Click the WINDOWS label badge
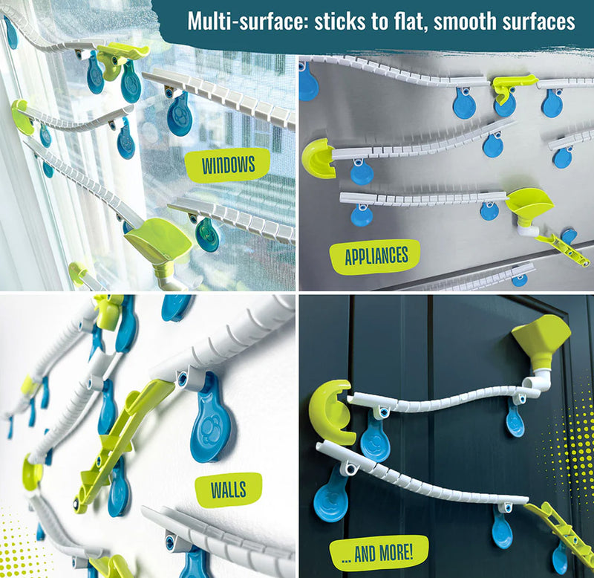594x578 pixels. (227, 165)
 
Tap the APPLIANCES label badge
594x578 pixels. (376, 256)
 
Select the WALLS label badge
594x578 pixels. (228, 490)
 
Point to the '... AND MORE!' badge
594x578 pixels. (379, 553)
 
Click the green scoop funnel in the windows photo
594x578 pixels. (159, 238)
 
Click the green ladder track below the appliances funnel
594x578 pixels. (563, 248)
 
